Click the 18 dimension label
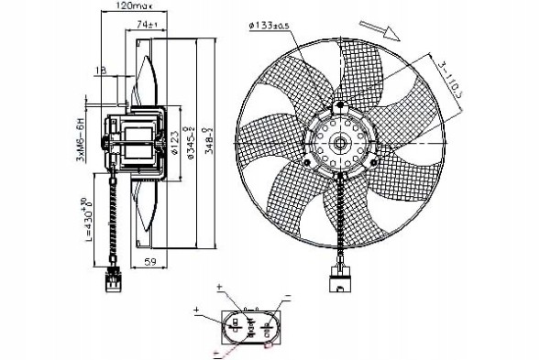coord(99,69)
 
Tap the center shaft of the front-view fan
coord(339,143)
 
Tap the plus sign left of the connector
coord(197,312)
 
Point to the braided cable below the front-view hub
coord(339,220)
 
